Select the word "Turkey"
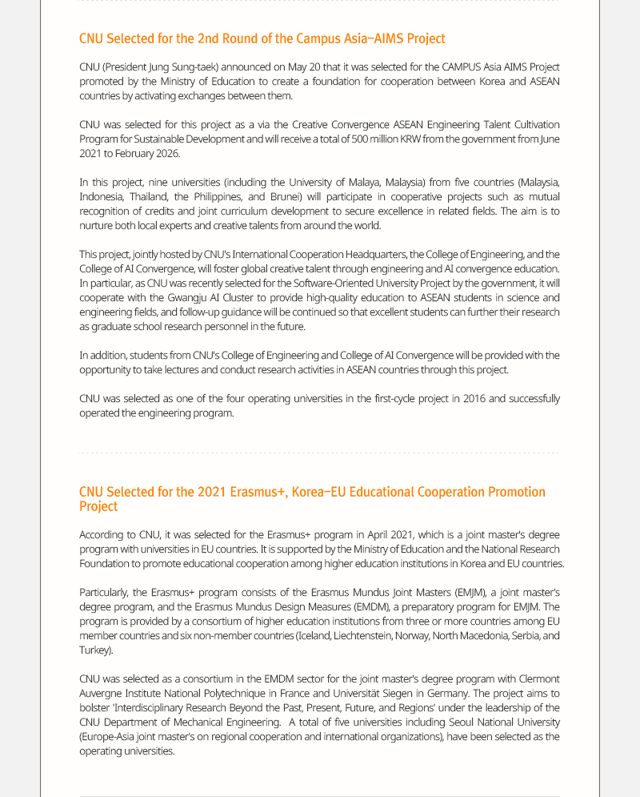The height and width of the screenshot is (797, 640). pyautogui.click(x=94, y=650)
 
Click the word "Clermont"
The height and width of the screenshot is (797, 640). pyautogui.click(x=539, y=679)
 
